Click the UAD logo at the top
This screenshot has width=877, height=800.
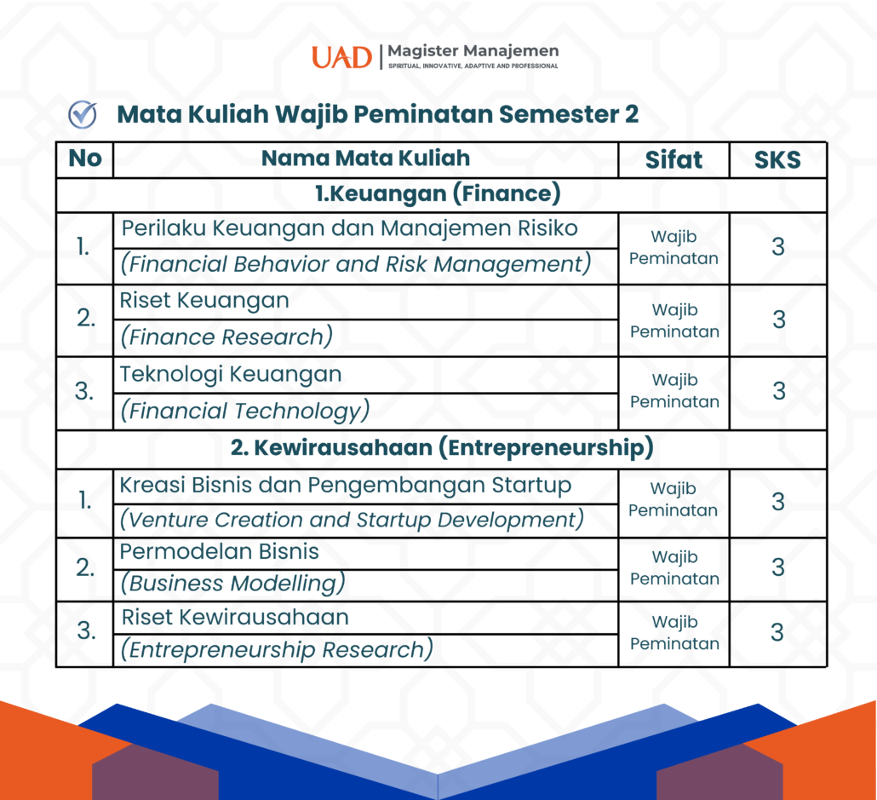(x=341, y=57)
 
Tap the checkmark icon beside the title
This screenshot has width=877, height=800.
(x=83, y=114)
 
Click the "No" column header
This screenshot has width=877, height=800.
(x=85, y=158)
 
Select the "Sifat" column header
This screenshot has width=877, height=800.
(x=674, y=159)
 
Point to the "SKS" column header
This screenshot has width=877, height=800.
(x=777, y=160)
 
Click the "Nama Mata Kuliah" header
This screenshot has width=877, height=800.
(x=366, y=158)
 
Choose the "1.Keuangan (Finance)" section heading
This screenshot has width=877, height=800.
(x=438, y=193)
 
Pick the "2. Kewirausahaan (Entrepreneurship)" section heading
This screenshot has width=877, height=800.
(x=442, y=448)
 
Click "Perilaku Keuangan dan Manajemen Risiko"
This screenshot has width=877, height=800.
(x=350, y=228)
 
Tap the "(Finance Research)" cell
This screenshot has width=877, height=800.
(x=226, y=337)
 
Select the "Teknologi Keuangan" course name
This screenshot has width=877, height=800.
(x=231, y=374)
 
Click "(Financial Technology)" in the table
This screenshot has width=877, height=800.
(x=245, y=411)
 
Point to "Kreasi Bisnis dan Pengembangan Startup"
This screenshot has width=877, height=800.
(x=346, y=486)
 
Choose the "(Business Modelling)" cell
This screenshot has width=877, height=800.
(x=232, y=584)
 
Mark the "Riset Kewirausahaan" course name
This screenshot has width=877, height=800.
(x=235, y=617)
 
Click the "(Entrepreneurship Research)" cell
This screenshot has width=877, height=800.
(x=277, y=649)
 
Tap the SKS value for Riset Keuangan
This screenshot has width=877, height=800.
(x=778, y=319)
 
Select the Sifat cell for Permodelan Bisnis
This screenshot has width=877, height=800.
(x=674, y=567)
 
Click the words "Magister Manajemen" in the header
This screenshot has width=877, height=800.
(x=473, y=50)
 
